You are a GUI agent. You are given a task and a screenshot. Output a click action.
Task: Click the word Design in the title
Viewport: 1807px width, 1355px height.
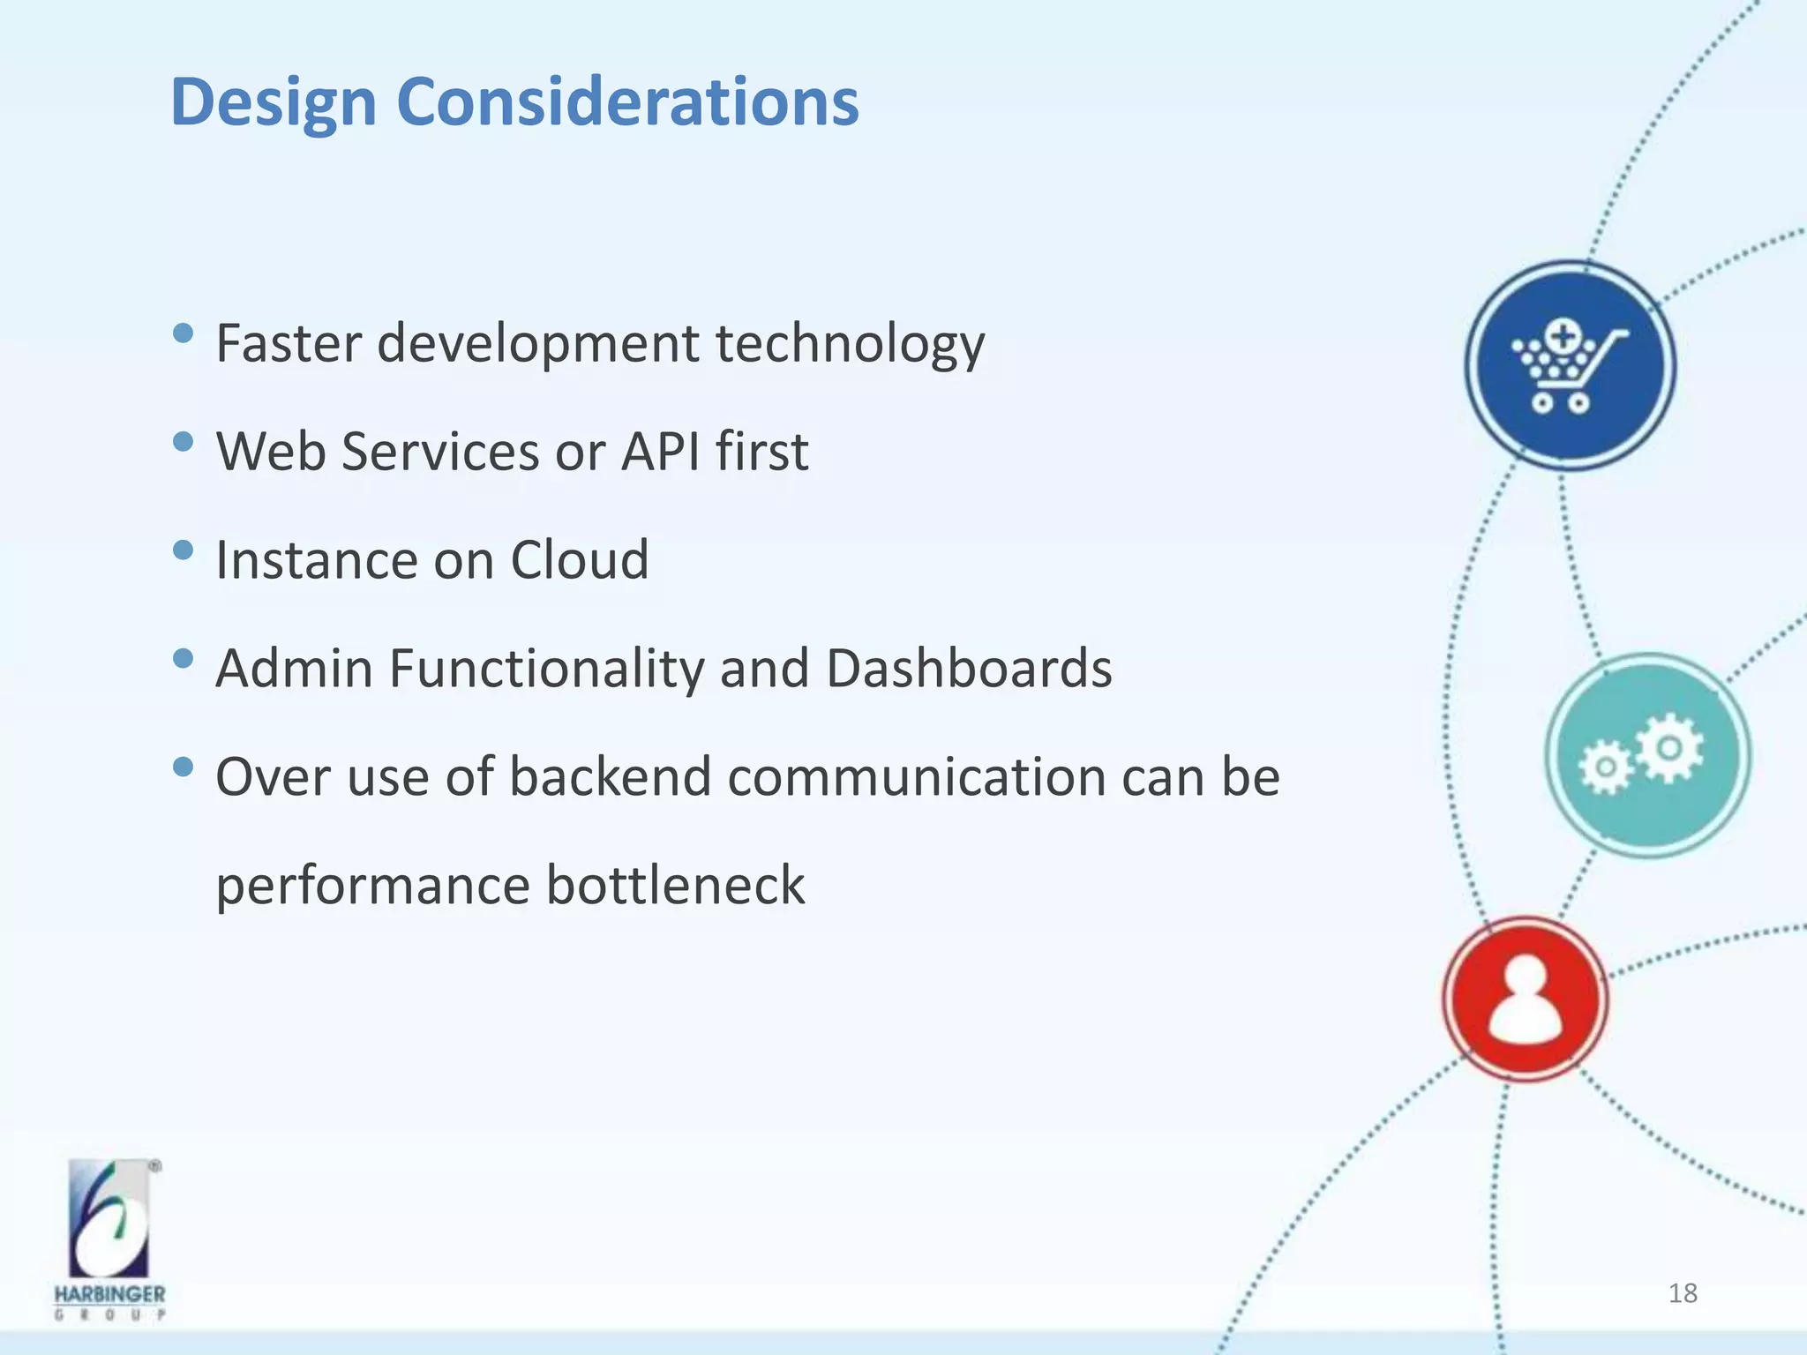[274, 102]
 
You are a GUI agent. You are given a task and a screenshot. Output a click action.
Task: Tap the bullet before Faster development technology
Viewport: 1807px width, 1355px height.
[184, 333]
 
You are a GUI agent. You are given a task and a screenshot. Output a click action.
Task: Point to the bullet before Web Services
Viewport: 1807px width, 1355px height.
[184, 442]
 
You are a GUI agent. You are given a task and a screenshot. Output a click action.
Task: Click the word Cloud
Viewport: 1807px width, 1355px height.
[579, 560]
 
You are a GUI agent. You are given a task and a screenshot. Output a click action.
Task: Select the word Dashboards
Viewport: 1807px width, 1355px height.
[969, 669]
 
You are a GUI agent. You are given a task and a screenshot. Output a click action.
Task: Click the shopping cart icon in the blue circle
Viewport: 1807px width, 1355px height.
[1569, 365]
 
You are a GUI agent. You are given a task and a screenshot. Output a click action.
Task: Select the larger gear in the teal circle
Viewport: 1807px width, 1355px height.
[1668, 747]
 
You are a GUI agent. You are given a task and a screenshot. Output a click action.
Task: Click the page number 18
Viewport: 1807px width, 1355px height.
[1683, 1293]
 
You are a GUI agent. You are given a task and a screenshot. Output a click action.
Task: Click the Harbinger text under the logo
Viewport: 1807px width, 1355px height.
[109, 1294]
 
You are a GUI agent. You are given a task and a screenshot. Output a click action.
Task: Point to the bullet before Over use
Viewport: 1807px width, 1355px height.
[184, 767]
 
